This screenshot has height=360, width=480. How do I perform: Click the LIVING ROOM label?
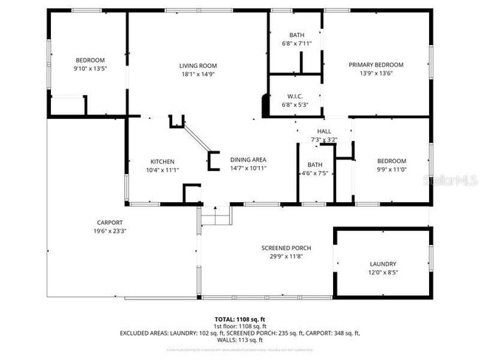coord(197,66)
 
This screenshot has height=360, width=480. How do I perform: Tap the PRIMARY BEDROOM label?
coord(376,65)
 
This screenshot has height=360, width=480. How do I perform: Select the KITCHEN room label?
coord(162,162)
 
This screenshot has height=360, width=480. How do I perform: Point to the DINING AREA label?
coord(248,159)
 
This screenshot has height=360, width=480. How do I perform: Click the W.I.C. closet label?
coord(295,96)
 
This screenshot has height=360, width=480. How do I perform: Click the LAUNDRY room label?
coord(383,263)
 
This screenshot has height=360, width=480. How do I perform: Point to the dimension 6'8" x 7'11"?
coord(297,44)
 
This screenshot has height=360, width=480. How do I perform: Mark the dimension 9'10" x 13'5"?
coord(90,69)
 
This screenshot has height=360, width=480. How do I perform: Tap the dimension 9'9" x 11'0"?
coord(391,170)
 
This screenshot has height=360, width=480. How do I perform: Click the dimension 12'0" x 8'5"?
coord(383,272)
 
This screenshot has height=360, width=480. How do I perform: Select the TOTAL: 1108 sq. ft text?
coord(239,319)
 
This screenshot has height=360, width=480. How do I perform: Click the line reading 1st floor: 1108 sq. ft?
coord(239,325)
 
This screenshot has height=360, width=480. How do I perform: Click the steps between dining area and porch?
coord(216,216)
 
